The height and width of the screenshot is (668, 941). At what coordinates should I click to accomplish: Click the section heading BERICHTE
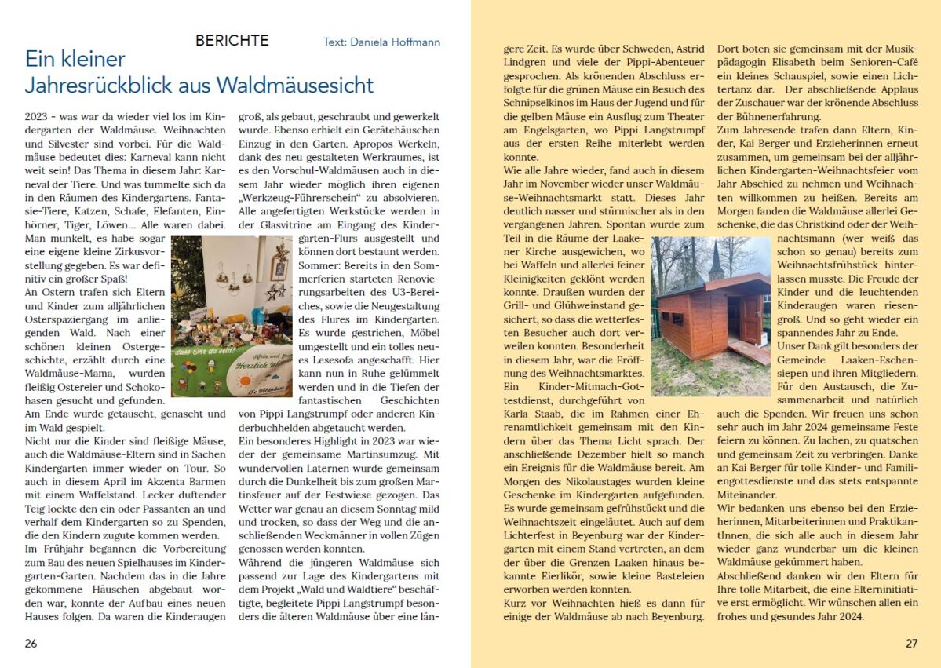(232, 41)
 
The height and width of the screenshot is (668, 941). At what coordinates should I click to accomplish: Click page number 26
(31, 643)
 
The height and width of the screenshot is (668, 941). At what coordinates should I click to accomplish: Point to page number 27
(911, 643)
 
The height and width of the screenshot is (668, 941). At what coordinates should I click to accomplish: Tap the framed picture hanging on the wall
(279, 267)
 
